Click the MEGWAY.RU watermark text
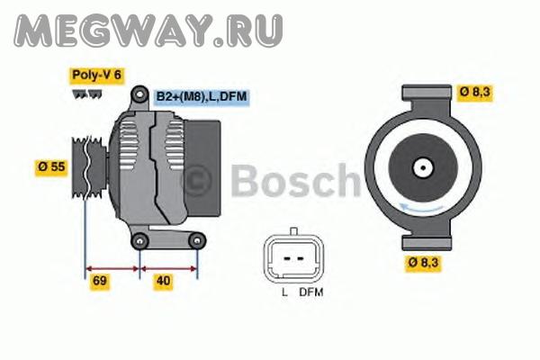[x=148, y=31]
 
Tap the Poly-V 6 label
[x=97, y=75]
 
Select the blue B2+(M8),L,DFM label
[x=202, y=96]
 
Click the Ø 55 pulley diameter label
[x=51, y=167]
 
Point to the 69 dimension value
[x=100, y=281]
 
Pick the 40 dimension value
[x=163, y=281]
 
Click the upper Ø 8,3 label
[x=474, y=93]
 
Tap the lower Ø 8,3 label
[x=423, y=263]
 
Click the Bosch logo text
[x=295, y=181]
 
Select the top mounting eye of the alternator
[x=139, y=94]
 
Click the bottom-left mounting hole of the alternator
[x=139, y=241]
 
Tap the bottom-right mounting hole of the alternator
[x=197, y=241]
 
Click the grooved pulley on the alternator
[x=89, y=167]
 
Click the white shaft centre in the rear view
[x=423, y=168]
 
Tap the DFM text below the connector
[x=311, y=292]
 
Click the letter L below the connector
[x=284, y=292]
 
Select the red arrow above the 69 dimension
[x=112, y=269]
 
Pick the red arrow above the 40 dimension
[x=169, y=269]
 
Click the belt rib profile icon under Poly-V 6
[x=87, y=94]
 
